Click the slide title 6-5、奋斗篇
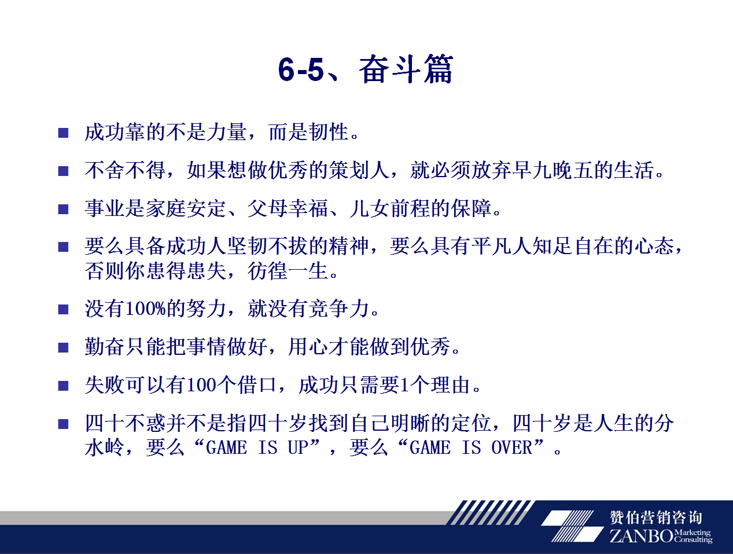pyautogui.click(x=365, y=69)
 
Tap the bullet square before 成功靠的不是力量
pyautogui.click(x=63, y=133)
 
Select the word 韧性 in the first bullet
pyautogui.click(x=329, y=132)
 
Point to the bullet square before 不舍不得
pyautogui.click(x=63, y=171)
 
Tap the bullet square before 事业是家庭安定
pyautogui.click(x=63, y=210)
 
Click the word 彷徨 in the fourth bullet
pyautogui.click(x=267, y=270)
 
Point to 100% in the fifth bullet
pyautogui.click(x=146, y=309)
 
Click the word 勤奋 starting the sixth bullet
pyautogui.click(x=105, y=347)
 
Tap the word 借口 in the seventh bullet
pyautogui.click(x=257, y=385)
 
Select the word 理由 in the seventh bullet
pyautogui.click(x=451, y=385)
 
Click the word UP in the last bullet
pyautogui.click(x=298, y=447)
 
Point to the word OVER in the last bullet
pyautogui.click(x=512, y=447)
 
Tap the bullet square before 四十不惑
pyautogui.click(x=63, y=424)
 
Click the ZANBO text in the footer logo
pyautogui.click(x=641, y=535)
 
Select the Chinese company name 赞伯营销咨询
pyautogui.click(x=656, y=518)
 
